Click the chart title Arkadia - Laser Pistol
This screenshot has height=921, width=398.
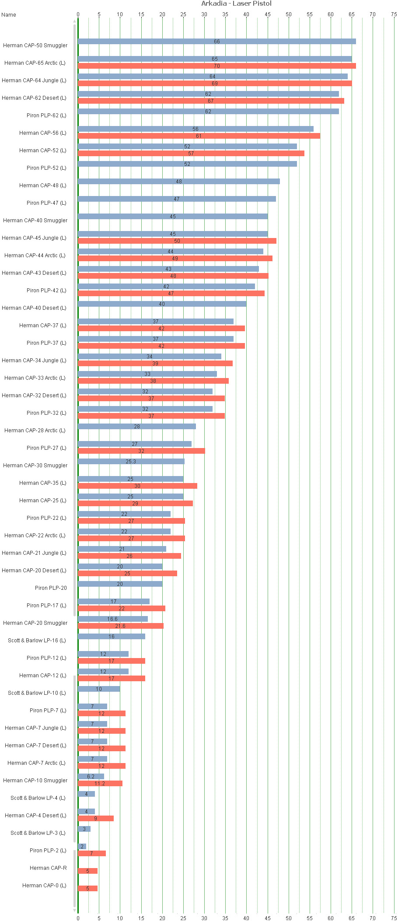coord(236,4)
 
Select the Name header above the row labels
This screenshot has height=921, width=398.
coord(9,15)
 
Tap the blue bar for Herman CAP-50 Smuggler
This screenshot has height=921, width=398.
coord(216,42)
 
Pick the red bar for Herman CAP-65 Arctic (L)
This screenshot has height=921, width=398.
coord(216,66)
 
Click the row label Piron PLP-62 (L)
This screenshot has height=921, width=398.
coord(46,116)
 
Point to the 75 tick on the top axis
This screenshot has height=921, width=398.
coord(394,14)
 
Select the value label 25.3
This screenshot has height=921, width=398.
coord(131,462)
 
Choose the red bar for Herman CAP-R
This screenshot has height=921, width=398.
coord(87,871)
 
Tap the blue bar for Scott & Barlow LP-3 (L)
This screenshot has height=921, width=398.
coord(84,829)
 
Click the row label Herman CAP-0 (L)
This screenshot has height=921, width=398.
coord(44,886)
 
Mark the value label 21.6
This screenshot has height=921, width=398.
coord(120,626)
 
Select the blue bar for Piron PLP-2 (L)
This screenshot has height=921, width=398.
coord(82,846)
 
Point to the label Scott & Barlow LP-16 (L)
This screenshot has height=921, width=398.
coord(37,641)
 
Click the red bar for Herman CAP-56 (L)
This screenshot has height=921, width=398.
coord(199,136)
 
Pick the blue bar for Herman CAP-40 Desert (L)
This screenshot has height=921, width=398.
coord(162,304)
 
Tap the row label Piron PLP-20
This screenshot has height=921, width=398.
coord(51,588)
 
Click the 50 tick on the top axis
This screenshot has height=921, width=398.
coord(289,14)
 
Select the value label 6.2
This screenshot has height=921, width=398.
coord(91,777)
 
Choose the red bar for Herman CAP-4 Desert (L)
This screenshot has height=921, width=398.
coord(95,818)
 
